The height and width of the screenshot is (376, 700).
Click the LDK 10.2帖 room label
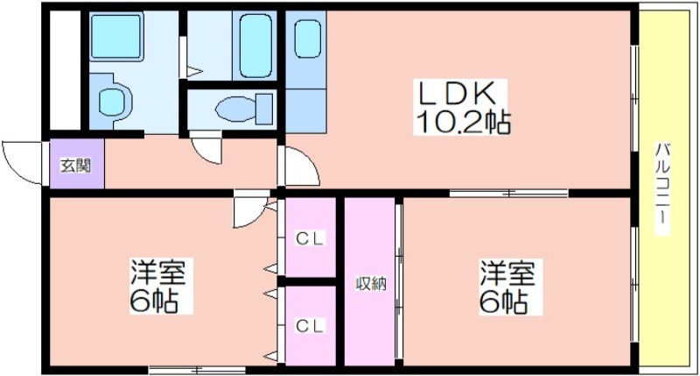[x=462, y=108]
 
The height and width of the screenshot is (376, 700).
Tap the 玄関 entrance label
[x=76, y=166]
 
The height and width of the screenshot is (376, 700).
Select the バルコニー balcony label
[x=662, y=188]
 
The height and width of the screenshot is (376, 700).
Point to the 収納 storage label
[x=370, y=283]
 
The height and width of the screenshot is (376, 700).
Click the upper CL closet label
[x=311, y=238]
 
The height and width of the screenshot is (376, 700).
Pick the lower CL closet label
[x=311, y=326]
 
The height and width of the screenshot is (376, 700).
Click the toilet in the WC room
[x=244, y=108]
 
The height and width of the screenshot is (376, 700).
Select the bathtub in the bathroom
[x=255, y=46]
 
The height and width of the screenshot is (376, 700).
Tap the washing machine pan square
[x=116, y=36]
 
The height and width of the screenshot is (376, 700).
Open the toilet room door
[x=206, y=147]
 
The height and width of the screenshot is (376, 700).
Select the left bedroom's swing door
[x=251, y=210]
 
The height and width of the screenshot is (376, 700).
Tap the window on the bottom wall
[x=197, y=370]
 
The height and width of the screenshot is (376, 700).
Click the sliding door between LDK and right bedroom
[x=508, y=194]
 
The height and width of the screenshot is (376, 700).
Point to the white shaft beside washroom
[x=65, y=70]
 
